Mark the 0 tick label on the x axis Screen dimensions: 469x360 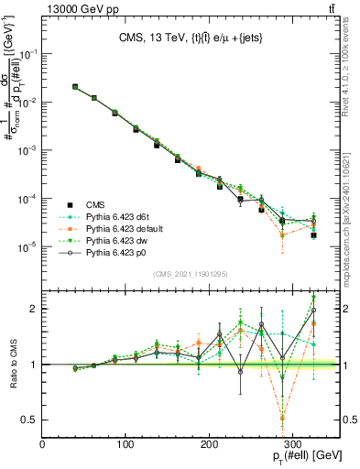coord(43,443)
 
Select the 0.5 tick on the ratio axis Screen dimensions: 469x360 coord(29,420)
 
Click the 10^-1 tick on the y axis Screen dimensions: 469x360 coord(27,54)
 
